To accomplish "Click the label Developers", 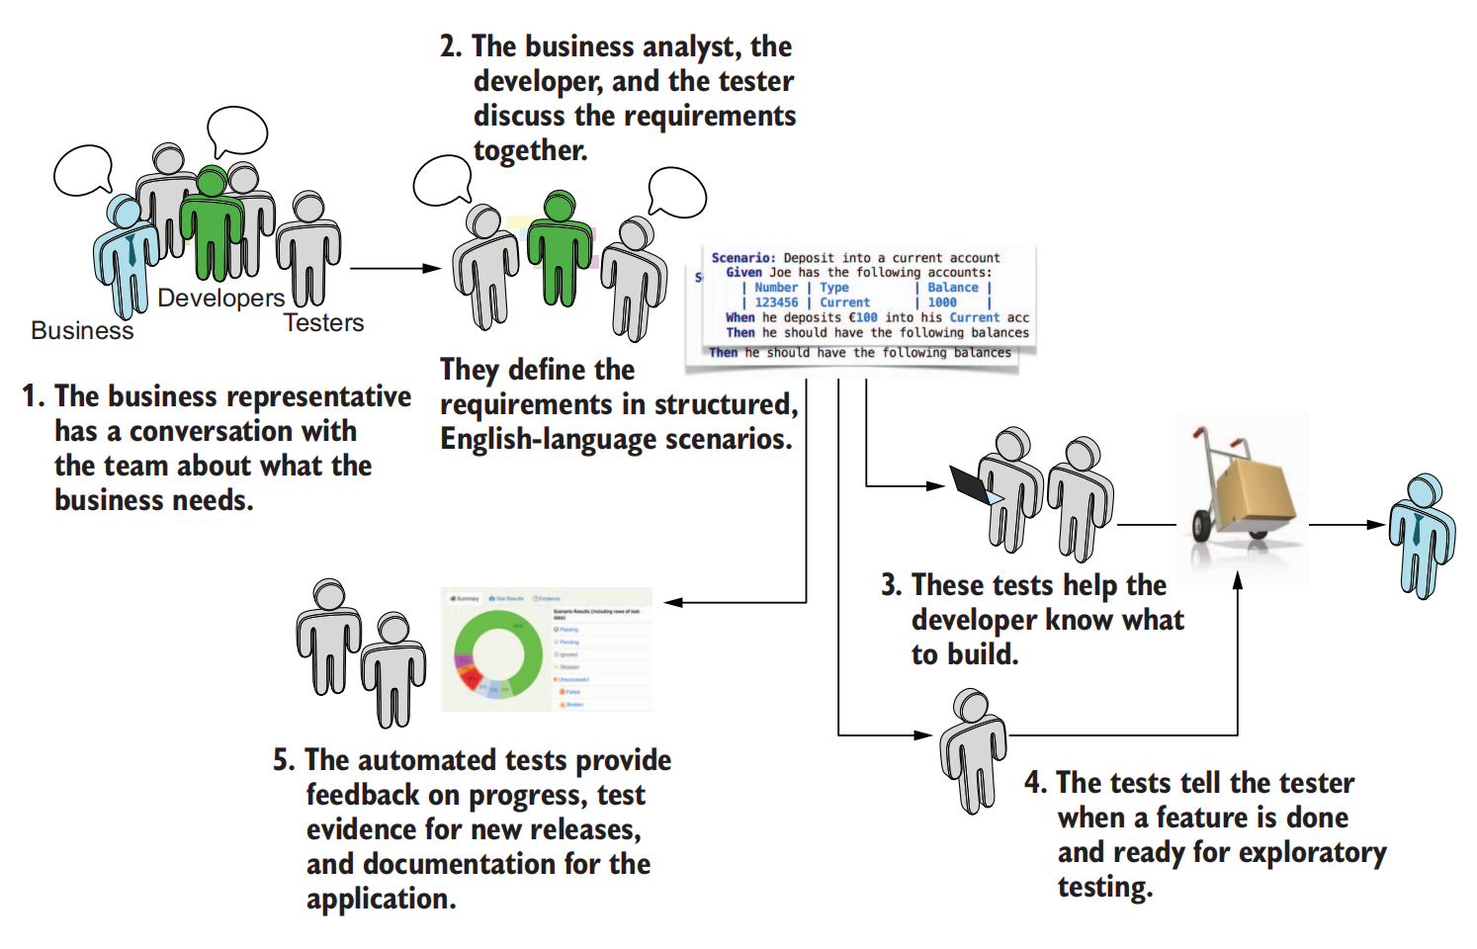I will click(220, 298).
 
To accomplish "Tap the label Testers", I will click(323, 322).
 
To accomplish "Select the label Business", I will click(82, 330).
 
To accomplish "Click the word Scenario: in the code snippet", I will click(743, 258).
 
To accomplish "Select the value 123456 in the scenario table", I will click(776, 302).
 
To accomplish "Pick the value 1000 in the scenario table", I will click(941, 302).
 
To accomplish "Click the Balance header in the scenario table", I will click(952, 288).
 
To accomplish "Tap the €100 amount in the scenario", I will click(863, 317).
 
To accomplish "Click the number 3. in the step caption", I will click(891, 585).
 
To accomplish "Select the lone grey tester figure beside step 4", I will click(973, 751).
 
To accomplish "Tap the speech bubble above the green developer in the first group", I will click(237, 130).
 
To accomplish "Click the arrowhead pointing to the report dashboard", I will click(672, 602).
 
